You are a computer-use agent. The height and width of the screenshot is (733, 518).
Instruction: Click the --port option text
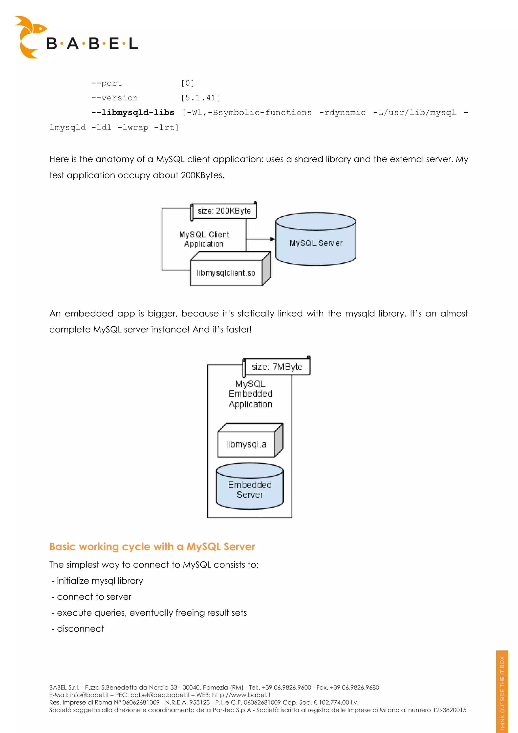click(x=106, y=83)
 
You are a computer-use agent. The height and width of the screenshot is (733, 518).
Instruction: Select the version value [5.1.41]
click(x=200, y=98)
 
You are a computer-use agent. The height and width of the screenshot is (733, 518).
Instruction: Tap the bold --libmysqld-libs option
click(x=133, y=113)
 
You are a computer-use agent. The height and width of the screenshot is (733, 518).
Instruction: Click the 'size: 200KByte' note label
click(x=224, y=211)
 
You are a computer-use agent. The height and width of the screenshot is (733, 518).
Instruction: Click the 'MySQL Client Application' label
click(x=204, y=239)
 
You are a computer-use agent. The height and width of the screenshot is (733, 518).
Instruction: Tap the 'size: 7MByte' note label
click(x=277, y=367)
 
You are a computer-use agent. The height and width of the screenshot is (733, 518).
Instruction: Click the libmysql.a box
click(x=246, y=444)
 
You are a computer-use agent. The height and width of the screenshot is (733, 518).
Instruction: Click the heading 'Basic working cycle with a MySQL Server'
click(x=152, y=547)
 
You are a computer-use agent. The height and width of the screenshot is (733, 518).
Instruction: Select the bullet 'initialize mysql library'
click(x=100, y=581)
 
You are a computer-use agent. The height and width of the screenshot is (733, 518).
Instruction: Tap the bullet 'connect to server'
click(x=94, y=597)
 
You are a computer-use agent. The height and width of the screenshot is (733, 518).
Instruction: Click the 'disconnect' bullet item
click(x=80, y=629)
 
